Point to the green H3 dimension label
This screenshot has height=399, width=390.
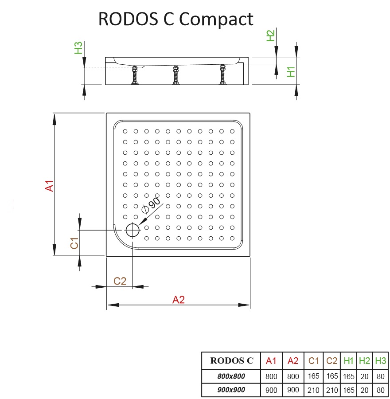click(78, 48)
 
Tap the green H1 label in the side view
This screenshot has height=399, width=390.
click(291, 71)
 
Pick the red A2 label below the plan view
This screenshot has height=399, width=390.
click(178, 300)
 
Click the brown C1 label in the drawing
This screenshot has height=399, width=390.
click(74, 243)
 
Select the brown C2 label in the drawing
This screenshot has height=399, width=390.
click(120, 281)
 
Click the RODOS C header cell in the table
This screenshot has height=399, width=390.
click(231, 361)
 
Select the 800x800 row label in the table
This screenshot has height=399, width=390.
click(231, 376)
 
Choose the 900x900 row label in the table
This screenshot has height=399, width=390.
click(231, 390)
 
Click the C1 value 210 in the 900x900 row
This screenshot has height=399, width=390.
click(314, 390)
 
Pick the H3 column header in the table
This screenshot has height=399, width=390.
click(380, 361)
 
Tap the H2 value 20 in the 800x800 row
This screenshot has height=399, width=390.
click(365, 376)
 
